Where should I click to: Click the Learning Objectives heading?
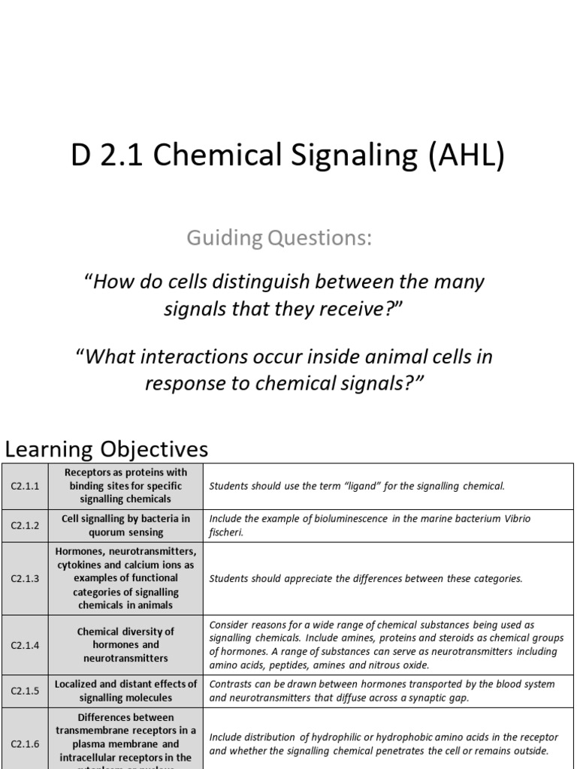point(106,449)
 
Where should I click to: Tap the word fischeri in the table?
point(225,532)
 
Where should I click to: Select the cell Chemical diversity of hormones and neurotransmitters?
point(125,644)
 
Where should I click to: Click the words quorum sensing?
point(125,532)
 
